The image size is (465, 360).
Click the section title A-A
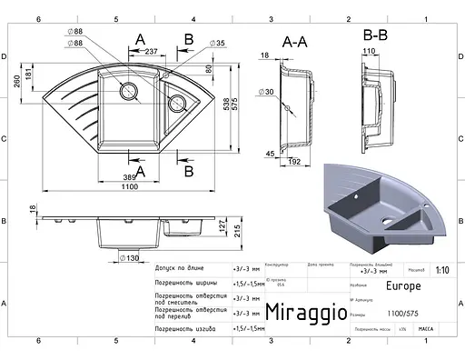pyautogui.click(x=295, y=42)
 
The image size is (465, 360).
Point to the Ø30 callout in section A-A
pyautogui.click(x=269, y=91)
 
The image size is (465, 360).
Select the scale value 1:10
pyautogui.click(x=441, y=270)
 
